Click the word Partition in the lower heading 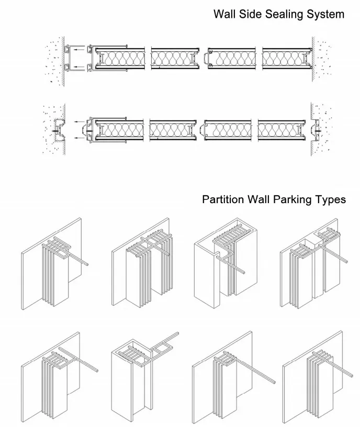click(223, 199)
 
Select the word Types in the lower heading click(331, 200)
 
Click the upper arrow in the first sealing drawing click(78, 49)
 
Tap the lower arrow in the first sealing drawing click(78, 66)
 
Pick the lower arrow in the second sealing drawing click(80, 138)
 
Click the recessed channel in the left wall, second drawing click(59, 130)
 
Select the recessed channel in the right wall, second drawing click(315, 130)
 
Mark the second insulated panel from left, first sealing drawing click(175, 58)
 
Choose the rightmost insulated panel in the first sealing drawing click(287, 58)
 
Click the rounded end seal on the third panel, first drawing click(206, 58)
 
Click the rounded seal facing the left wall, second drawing click(84, 130)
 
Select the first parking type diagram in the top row click(54, 263)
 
